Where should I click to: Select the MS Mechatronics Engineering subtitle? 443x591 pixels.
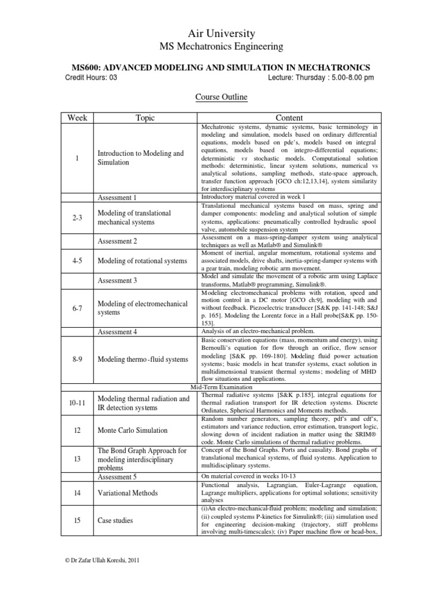(221, 47)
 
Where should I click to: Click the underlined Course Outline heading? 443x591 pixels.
(221, 98)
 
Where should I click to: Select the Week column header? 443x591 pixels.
(77, 118)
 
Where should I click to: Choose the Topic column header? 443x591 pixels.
(145, 118)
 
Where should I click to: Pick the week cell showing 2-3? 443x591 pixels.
(77, 218)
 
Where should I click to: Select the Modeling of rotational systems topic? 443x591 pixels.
(142, 261)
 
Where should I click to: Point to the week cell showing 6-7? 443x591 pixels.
(77, 308)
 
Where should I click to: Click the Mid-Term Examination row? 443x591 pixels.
(221, 387)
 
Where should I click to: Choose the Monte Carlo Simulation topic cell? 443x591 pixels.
(133, 431)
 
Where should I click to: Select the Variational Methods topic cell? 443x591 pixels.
(129, 493)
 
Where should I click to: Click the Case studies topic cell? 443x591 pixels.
(115, 520)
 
